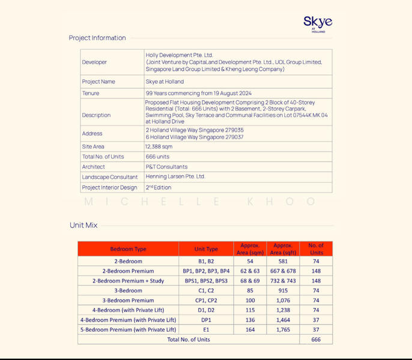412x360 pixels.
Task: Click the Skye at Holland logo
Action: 318,24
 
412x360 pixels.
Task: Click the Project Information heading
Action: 97,38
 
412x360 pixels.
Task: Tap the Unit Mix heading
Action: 83,225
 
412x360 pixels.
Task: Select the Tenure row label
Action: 91,94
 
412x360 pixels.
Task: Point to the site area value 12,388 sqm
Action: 159,146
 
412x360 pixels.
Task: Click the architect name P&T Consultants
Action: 166,167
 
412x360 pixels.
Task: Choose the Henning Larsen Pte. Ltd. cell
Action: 175,177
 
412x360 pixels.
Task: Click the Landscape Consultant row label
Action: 110,177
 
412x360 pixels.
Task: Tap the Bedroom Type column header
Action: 128,249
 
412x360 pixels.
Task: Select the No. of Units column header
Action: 316,249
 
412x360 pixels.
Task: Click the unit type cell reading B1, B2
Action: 206,262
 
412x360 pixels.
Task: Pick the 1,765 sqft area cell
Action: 283,329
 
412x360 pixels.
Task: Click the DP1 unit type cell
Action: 206,320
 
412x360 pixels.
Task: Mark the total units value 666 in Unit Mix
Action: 316,339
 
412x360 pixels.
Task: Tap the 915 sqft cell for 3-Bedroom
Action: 283,290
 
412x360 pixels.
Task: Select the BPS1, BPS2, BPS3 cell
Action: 206,281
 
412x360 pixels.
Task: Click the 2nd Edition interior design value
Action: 159,187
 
